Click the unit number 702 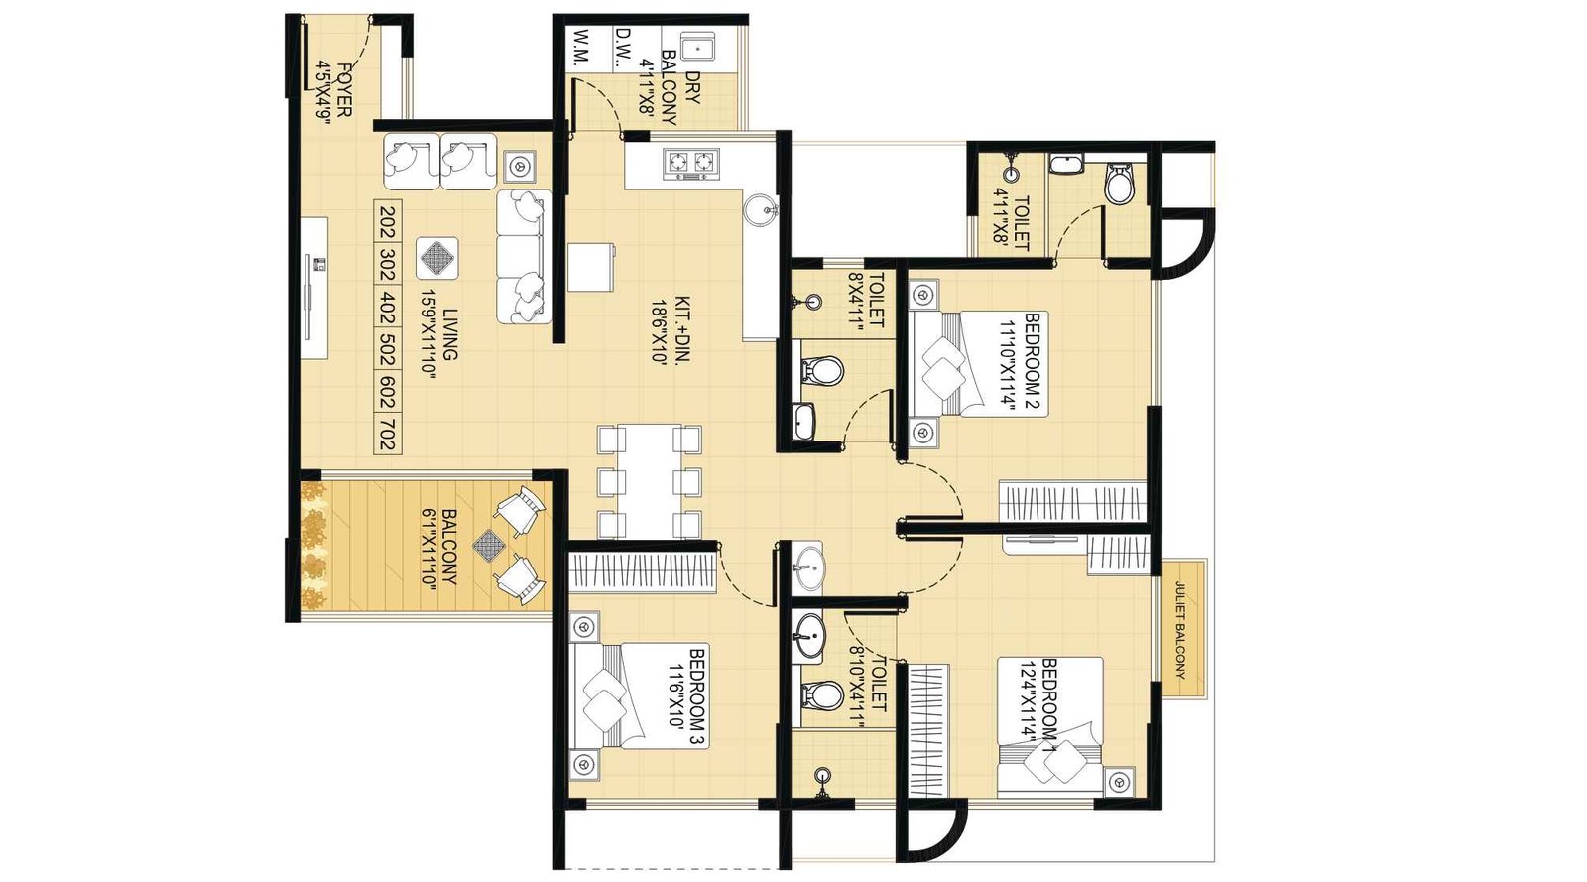(387, 434)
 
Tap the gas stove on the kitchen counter (691, 163)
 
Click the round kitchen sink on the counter (761, 209)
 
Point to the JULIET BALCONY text (1180, 629)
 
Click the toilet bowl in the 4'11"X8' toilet (1119, 184)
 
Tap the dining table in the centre (649, 481)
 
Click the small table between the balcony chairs (489, 543)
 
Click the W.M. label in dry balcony (581, 48)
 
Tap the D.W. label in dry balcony (623, 48)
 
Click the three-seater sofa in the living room (523, 256)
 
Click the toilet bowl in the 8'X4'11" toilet (821, 371)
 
